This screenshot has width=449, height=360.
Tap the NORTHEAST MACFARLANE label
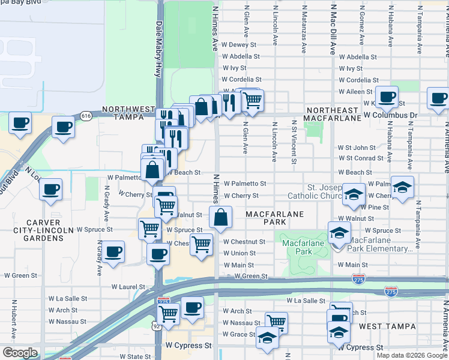coord(333,115)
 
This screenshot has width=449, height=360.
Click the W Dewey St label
coord(239,44)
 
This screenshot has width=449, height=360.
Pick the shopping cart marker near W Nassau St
coord(276,322)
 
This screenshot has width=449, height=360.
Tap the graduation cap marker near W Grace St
coord(267,337)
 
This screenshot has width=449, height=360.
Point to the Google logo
coord(20,353)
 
